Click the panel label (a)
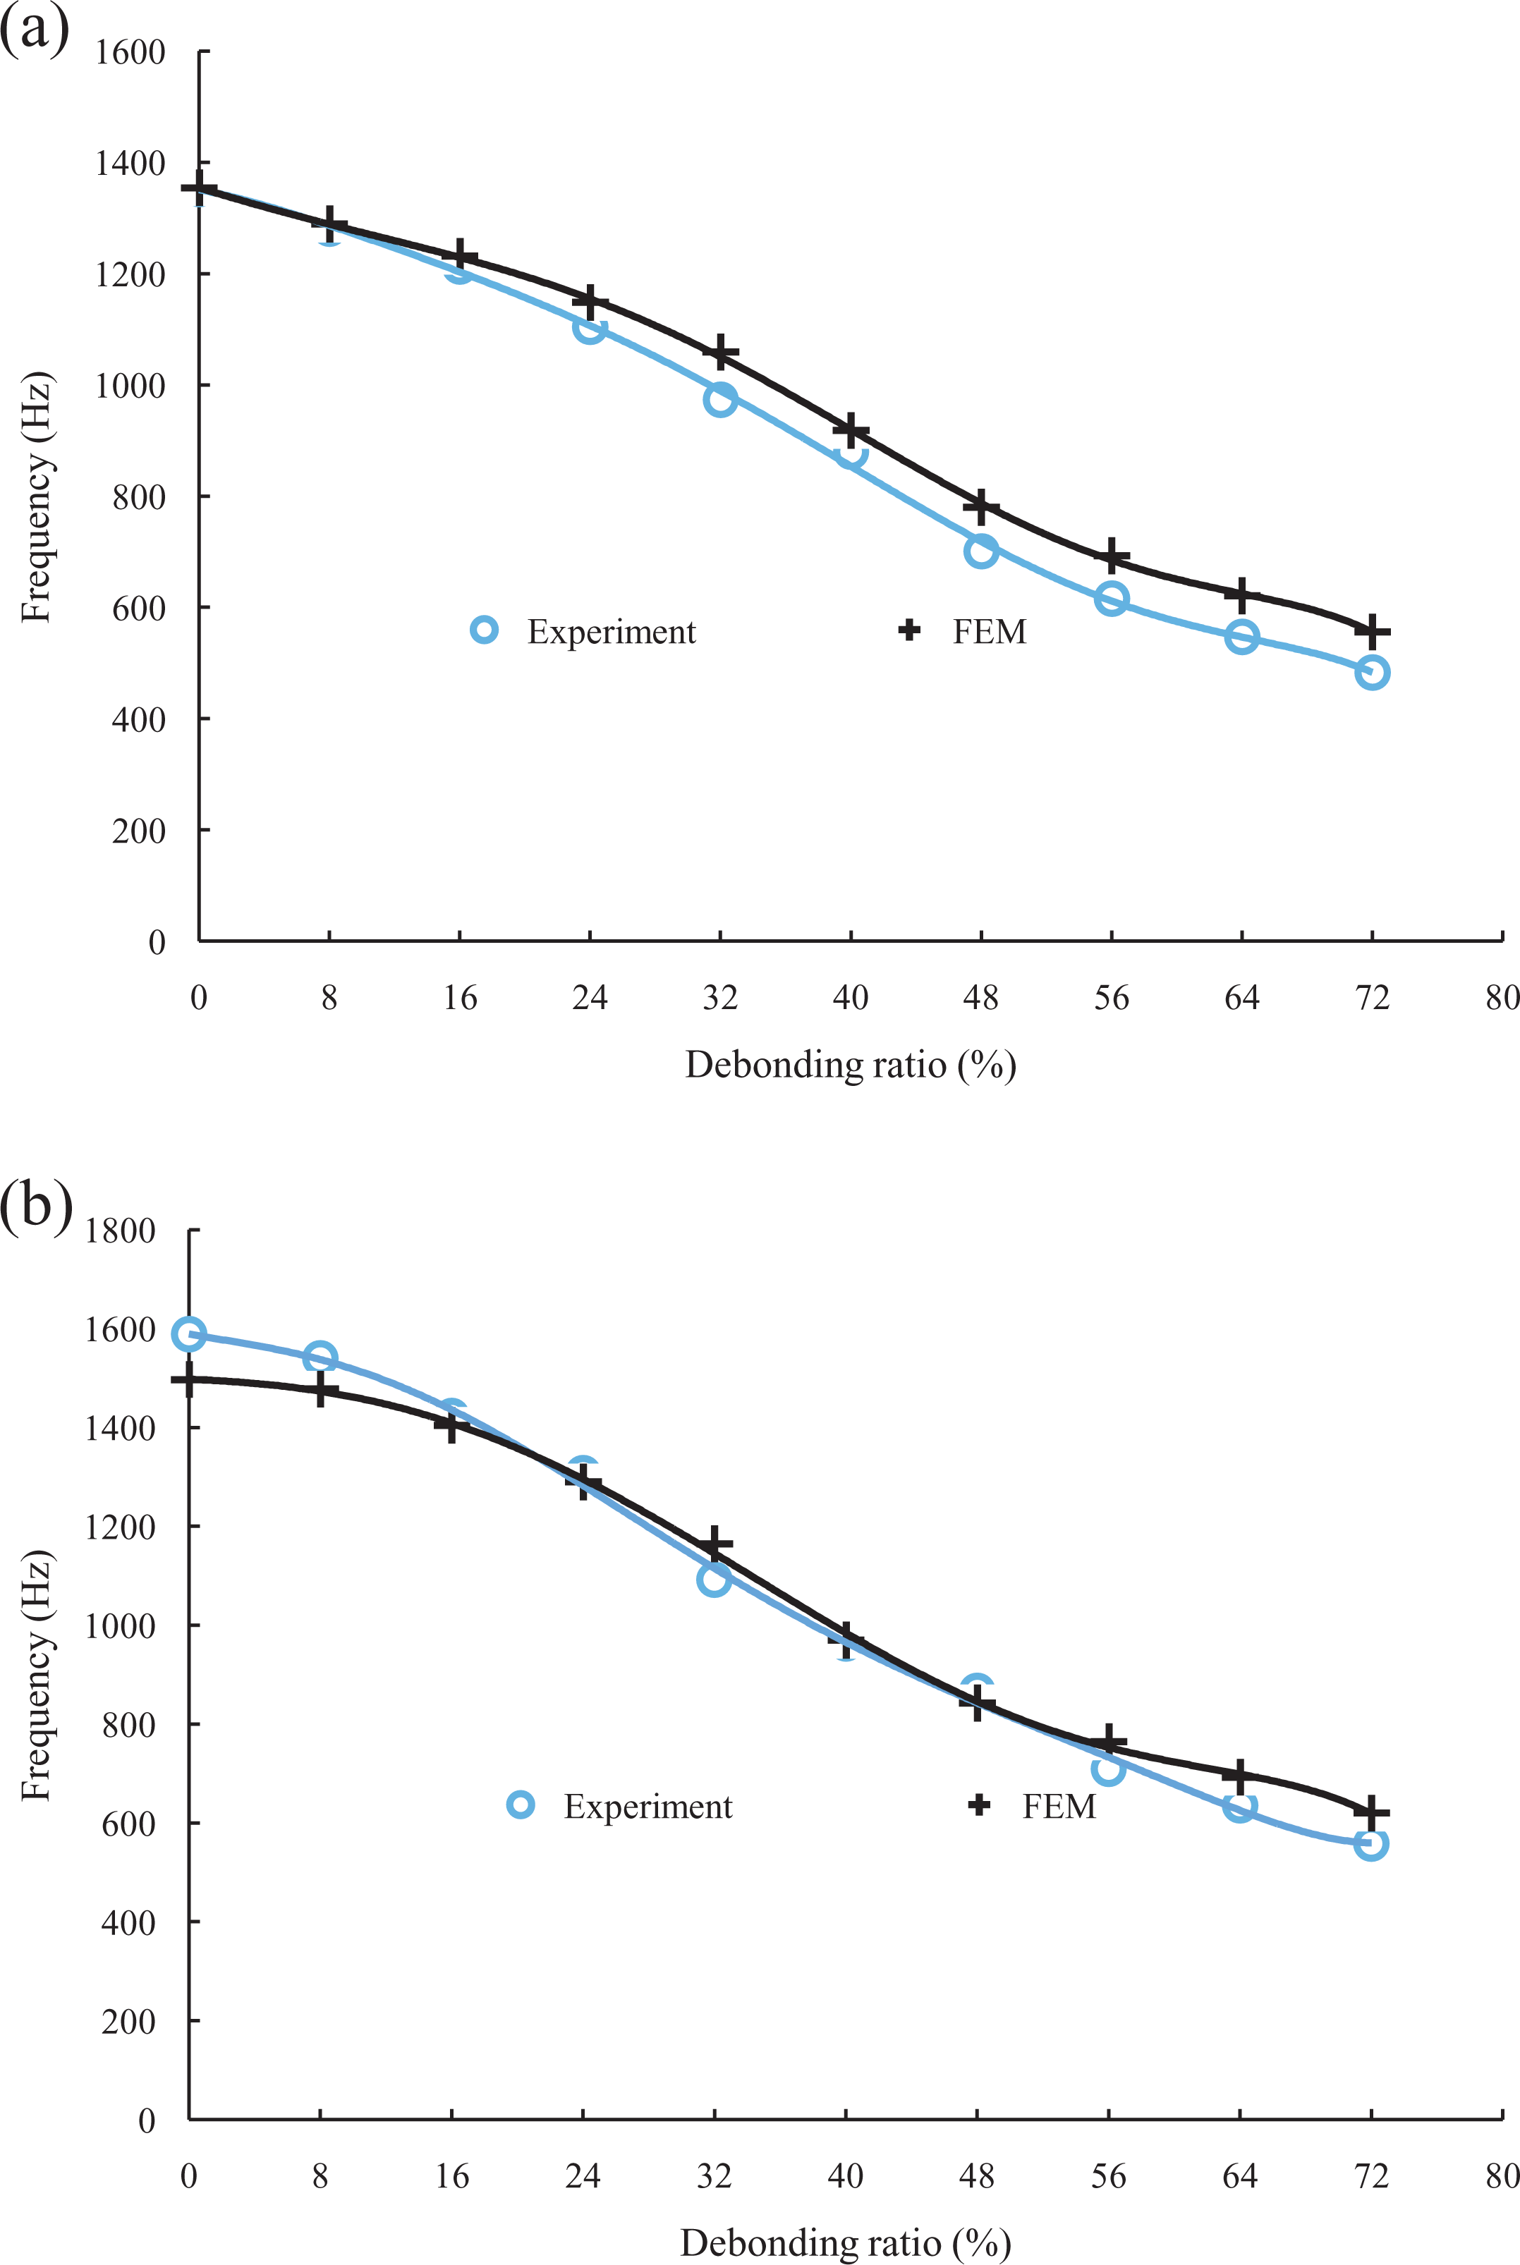(x=35, y=29)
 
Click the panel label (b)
(x=37, y=1207)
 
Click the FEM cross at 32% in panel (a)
(x=720, y=353)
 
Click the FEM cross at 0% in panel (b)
(x=189, y=1379)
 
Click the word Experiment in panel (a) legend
(x=612, y=632)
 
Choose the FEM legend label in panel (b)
(x=1059, y=1807)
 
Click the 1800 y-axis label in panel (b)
(x=120, y=1231)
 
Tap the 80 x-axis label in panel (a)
(x=1502, y=997)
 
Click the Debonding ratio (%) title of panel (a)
(x=850, y=1065)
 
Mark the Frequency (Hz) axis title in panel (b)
(x=36, y=1677)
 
